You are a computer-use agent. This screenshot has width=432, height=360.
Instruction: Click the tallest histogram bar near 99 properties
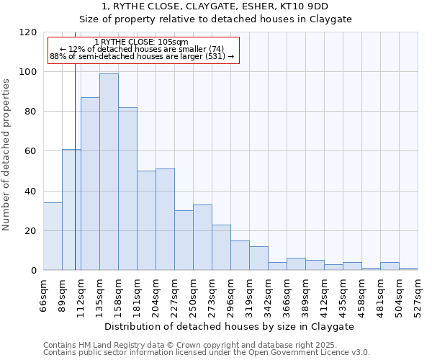tap(109, 172)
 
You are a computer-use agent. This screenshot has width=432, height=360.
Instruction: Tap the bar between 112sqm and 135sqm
tap(90, 184)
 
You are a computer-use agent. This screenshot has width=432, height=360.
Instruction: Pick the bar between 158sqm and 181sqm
tap(127, 189)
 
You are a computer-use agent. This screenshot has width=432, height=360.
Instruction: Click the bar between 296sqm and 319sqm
tap(240, 256)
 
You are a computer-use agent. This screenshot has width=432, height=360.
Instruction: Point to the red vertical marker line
tap(75, 166)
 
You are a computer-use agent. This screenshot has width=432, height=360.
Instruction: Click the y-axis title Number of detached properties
tap(6, 155)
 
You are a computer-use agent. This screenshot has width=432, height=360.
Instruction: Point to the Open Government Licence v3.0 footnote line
tap(207, 353)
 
